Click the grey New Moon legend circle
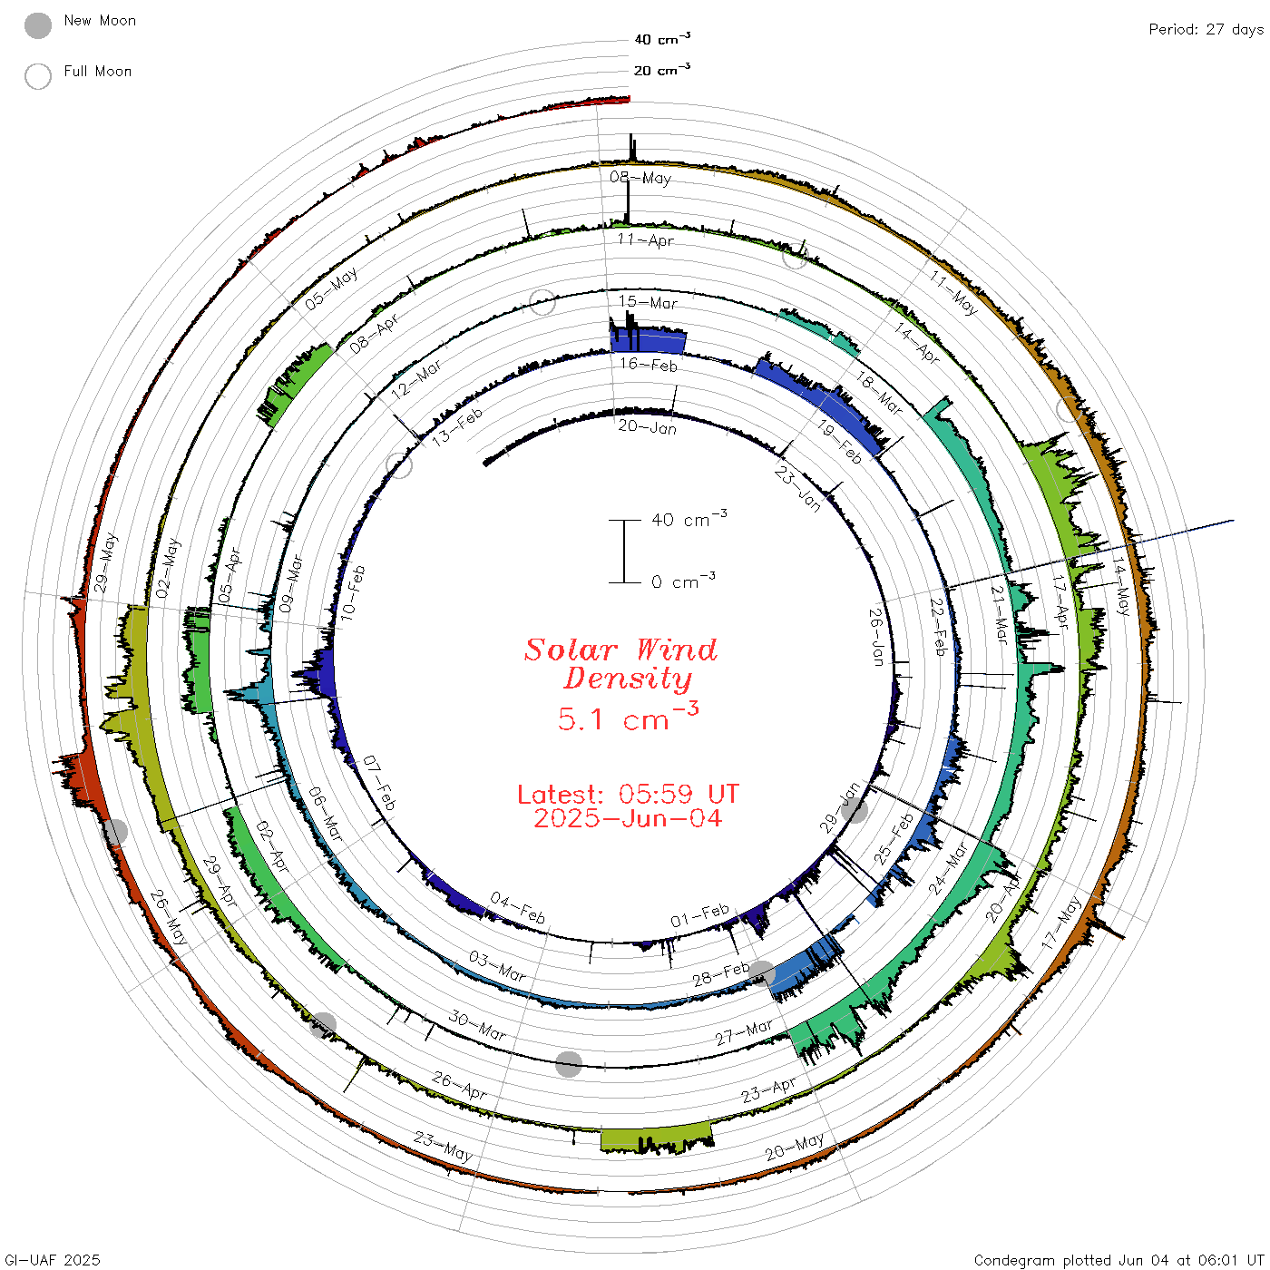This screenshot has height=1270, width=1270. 38,25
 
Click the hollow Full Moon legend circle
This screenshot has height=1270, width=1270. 38,76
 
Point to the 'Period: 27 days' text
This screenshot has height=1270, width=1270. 1206,30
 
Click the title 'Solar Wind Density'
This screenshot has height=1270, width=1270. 620,664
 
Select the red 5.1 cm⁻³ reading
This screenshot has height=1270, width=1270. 628,718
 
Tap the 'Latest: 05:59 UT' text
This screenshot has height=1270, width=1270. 628,794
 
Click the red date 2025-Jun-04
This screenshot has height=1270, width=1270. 628,818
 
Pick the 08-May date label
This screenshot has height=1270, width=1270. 640,177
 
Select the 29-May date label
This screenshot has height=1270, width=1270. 105,562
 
